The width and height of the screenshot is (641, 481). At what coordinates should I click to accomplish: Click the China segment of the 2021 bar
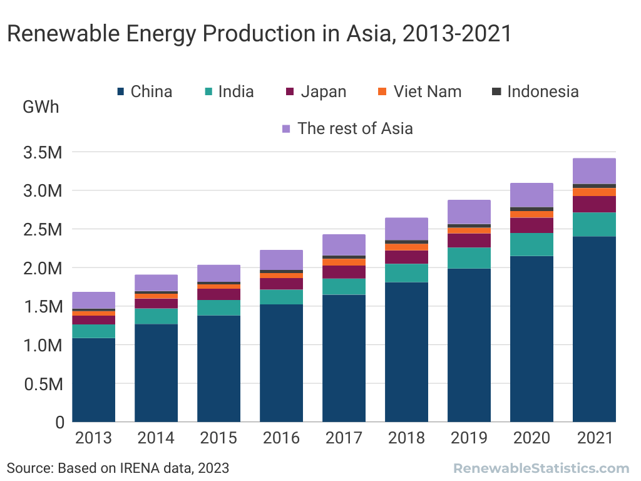pyautogui.click(x=594, y=329)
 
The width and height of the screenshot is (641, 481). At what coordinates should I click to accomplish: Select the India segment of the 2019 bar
pyautogui.click(x=469, y=258)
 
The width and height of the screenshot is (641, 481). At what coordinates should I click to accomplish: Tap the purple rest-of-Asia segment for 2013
pyautogui.click(x=94, y=300)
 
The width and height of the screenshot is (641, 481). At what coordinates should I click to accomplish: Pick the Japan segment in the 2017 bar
pyautogui.click(x=344, y=272)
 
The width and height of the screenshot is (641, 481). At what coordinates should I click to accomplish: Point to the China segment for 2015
pyautogui.click(x=218, y=368)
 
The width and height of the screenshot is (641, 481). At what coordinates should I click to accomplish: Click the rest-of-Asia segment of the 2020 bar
pyautogui.click(x=531, y=195)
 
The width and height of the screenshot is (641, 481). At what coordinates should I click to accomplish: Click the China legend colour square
pyautogui.click(x=121, y=92)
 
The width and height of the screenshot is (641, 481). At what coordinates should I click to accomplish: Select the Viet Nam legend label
pyautogui.click(x=428, y=92)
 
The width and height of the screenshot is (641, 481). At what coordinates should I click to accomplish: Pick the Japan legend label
pyautogui.click(x=323, y=92)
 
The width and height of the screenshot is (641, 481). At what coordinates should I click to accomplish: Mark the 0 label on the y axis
pyautogui.click(x=60, y=422)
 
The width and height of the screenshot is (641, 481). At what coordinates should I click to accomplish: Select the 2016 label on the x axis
pyautogui.click(x=281, y=438)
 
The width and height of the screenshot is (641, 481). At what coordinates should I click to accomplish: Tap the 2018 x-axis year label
pyautogui.click(x=406, y=438)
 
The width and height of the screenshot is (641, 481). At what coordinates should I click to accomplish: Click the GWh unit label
pyautogui.click(x=41, y=107)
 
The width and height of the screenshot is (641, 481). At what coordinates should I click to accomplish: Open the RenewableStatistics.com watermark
pyautogui.click(x=541, y=468)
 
